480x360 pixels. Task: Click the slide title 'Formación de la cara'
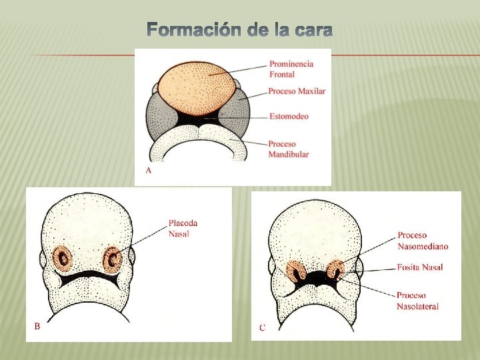click(239, 31)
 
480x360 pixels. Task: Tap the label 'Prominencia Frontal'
click(291, 69)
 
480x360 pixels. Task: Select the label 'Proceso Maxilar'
click(297, 91)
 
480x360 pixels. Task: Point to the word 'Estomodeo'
click(289, 117)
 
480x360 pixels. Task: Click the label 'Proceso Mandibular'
click(289, 149)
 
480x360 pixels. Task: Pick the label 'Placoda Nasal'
click(183, 228)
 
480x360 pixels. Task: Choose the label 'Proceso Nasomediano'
click(423, 241)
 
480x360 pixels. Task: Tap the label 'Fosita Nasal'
click(420, 267)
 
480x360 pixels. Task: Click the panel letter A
click(148, 171)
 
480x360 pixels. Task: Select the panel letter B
click(37, 326)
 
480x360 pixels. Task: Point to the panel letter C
click(262, 327)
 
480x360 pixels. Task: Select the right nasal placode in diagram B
click(113, 257)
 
